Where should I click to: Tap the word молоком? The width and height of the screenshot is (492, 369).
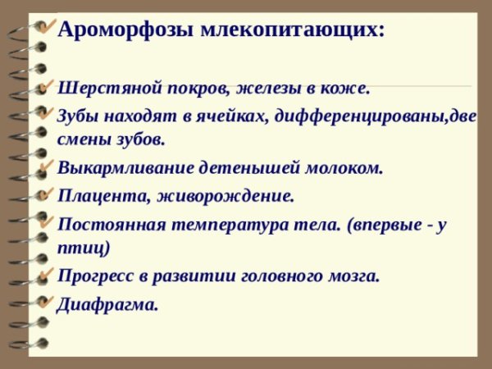348,168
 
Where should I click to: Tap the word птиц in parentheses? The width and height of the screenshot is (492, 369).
83,247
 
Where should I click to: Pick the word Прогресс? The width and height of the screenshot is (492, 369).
92,276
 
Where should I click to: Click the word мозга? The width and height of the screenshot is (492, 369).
353,276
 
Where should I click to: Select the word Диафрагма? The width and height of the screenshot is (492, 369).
107,304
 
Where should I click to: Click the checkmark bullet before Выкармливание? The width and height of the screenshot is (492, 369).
47,166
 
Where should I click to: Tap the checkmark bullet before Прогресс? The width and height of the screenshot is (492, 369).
47,273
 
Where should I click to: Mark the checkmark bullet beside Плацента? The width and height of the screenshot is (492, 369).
47,194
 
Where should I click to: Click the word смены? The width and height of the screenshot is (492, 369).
83,139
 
